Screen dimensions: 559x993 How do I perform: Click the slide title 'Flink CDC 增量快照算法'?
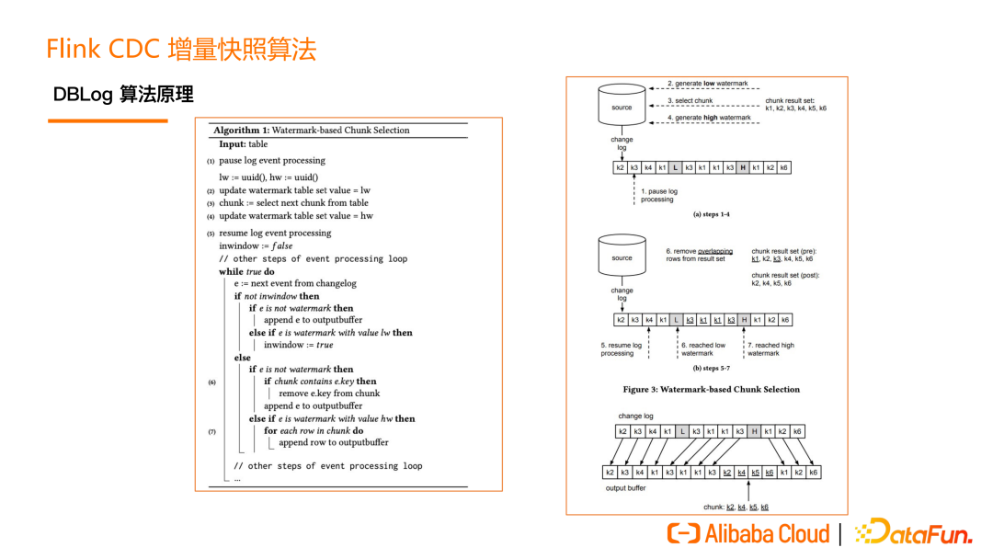pyautogui.click(x=181, y=49)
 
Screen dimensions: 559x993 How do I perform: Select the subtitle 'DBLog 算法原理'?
pyautogui.click(x=123, y=95)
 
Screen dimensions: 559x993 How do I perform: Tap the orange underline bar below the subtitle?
pyautogui.click(x=108, y=120)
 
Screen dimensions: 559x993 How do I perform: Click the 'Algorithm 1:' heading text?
pyautogui.click(x=242, y=131)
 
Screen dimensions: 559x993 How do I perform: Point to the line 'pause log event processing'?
pyautogui.click(x=272, y=160)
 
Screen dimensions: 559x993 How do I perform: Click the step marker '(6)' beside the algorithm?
pyautogui.click(x=212, y=382)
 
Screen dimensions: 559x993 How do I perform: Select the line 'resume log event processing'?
pyautogui.click(x=275, y=234)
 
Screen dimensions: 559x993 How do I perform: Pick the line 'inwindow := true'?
pyautogui.click(x=298, y=345)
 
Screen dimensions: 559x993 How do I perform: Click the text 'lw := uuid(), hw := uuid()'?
pyautogui.click(x=268, y=177)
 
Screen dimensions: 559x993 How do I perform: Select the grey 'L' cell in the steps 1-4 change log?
pyautogui.click(x=676, y=168)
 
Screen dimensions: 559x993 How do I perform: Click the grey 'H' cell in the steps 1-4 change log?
pyautogui.click(x=743, y=168)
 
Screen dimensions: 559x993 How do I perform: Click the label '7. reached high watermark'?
pyautogui.click(x=770, y=349)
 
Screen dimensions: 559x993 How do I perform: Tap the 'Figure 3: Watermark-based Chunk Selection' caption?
pyautogui.click(x=711, y=389)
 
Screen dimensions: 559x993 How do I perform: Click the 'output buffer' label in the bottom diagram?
pyautogui.click(x=625, y=488)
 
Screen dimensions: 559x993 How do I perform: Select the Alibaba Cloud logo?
pyautogui.click(x=748, y=533)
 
